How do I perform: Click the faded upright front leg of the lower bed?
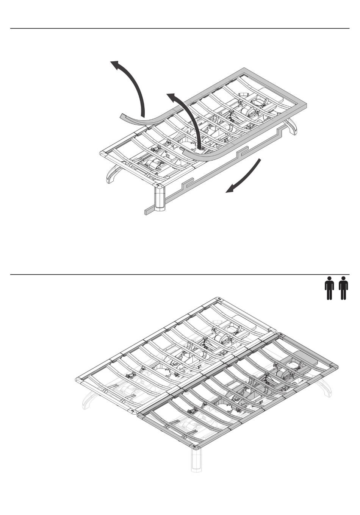[x=197, y=460]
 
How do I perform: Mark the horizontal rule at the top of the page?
[x=180, y=28]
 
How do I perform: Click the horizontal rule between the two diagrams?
[x=180, y=275]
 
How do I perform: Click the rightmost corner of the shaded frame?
[x=335, y=367]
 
